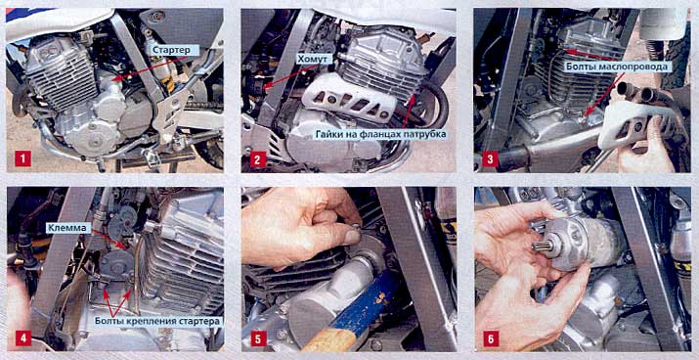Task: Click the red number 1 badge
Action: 22,158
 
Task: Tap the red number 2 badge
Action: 258,158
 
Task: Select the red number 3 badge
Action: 490,158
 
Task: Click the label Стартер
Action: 171,51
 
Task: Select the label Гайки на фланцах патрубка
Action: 380,134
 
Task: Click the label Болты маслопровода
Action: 619,66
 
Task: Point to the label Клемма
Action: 66,228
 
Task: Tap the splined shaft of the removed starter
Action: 541,246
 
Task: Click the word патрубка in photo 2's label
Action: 422,134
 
